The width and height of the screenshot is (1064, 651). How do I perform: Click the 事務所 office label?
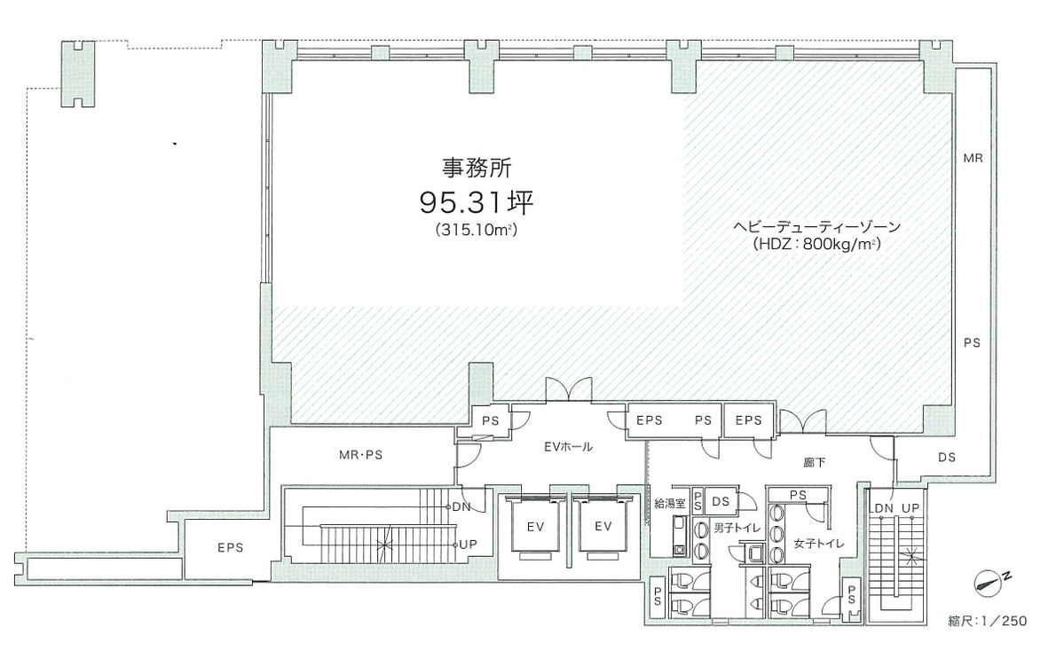coord(477,167)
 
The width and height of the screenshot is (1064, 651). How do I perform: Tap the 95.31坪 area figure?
coord(477,200)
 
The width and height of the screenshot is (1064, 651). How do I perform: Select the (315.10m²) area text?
coord(477,230)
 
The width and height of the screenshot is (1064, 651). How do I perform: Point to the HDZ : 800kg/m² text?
coord(816,245)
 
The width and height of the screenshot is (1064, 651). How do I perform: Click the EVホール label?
coord(569,446)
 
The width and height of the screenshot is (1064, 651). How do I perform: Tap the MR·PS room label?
coord(360,455)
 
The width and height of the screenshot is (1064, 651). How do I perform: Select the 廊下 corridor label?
coord(815,462)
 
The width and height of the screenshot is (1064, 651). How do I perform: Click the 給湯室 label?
coord(670,505)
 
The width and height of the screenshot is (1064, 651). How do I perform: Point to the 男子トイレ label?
coord(737,528)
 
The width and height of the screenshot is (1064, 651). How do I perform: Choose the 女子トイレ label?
coord(819,543)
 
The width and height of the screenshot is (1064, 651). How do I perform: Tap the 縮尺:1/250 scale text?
coord(988,621)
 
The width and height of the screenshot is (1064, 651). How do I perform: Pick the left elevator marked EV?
coord(535,527)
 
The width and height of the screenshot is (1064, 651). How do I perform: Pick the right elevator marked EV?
coord(603,527)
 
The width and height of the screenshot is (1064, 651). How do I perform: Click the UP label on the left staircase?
coord(469,545)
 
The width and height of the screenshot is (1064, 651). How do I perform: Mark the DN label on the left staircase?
coord(461,506)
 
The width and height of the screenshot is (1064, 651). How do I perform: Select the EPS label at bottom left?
coord(230,548)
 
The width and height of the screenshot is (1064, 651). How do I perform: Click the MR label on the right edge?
coord(973,158)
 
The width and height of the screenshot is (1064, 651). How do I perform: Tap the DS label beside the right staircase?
coord(947,458)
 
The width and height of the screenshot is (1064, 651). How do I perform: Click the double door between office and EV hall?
coord(570,390)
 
